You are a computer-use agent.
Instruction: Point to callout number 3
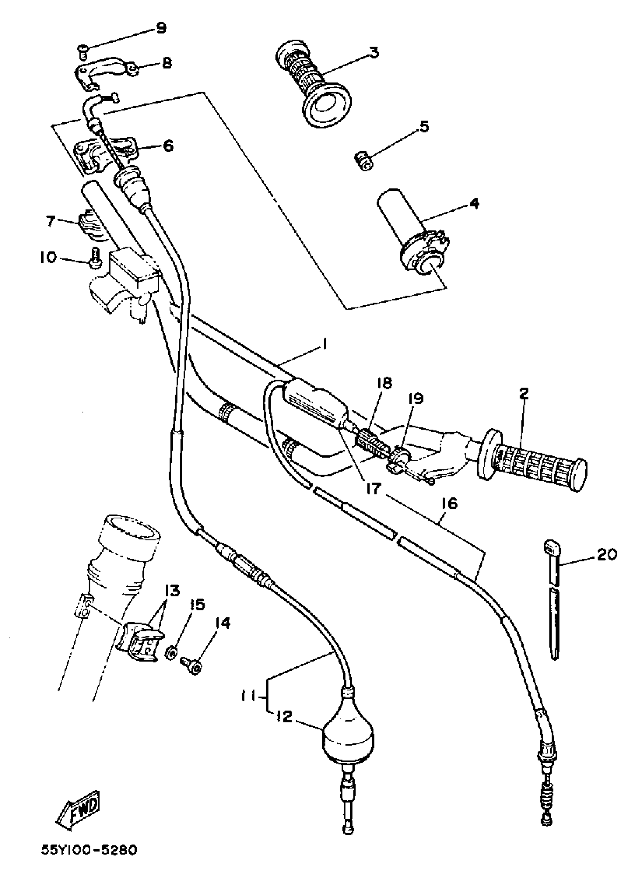[373, 52]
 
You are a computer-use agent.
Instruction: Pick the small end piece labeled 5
[363, 161]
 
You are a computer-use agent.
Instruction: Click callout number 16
[449, 504]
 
